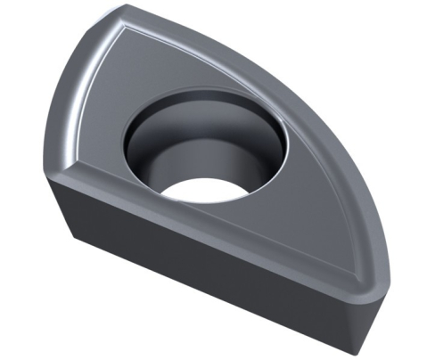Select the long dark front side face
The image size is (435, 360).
click(x=205, y=267)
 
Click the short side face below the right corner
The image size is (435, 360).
click(x=371, y=316)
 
